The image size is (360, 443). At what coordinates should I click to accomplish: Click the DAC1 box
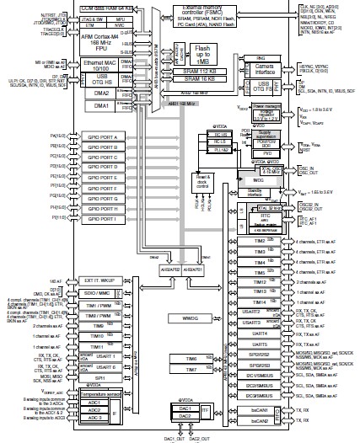[x=180, y=408]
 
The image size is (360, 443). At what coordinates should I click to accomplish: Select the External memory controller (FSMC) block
[x=211, y=13]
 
